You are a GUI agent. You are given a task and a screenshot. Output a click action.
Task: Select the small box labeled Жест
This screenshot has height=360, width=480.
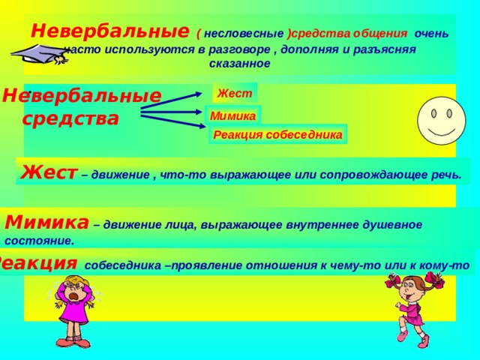coord(235,93)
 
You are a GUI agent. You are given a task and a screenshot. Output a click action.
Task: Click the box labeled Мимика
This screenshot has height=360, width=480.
coord(233,115)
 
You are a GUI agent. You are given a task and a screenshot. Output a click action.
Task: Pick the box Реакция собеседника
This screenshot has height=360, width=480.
coord(277,135)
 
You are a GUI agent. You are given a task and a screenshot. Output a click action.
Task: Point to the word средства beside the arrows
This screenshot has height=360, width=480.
coord(70,118)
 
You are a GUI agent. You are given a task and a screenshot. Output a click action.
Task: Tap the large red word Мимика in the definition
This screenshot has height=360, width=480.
coord(46,222)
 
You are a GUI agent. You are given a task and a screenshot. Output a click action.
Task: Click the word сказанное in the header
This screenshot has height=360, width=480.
coord(240,64)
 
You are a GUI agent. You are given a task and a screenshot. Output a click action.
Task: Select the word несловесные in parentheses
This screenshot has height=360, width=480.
coord(244,34)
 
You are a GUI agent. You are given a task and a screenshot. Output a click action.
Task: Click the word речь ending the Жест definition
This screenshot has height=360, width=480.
coord(446,174)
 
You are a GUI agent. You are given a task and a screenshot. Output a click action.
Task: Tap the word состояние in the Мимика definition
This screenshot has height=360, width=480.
coord(39,241)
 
